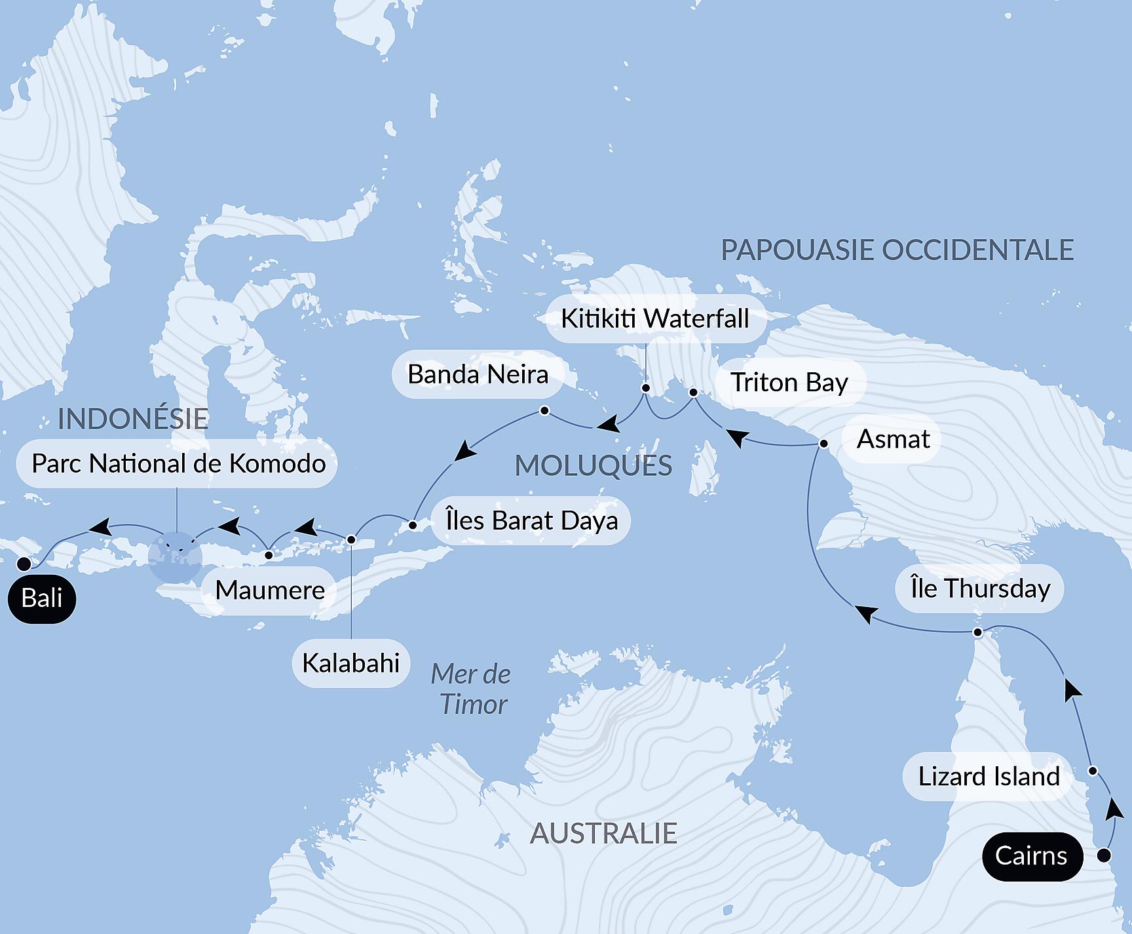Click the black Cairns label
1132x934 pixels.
click(x=1030, y=855)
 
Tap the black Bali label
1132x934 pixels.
click(x=42, y=598)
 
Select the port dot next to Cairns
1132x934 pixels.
click(x=1104, y=855)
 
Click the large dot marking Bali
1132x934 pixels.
click(x=24, y=564)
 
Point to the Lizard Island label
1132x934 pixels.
click(x=988, y=777)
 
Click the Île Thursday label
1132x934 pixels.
click(x=980, y=589)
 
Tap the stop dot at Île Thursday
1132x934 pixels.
click(x=977, y=632)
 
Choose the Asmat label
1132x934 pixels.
click(x=893, y=439)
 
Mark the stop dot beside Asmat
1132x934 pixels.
click(x=824, y=444)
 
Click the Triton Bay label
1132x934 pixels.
click(x=789, y=382)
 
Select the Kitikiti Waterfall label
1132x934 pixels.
click(x=654, y=319)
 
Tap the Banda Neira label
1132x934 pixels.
click(x=478, y=375)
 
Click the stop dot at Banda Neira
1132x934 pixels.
click(x=544, y=411)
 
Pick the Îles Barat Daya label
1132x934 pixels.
click(x=531, y=520)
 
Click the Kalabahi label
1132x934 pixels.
click(x=350, y=663)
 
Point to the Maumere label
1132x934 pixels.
click(x=270, y=591)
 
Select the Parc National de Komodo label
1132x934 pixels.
click(x=178, y=463)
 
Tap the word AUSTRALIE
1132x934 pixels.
click(x=603, y=834)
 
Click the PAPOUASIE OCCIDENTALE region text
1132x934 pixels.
click(x=897, y=250)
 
